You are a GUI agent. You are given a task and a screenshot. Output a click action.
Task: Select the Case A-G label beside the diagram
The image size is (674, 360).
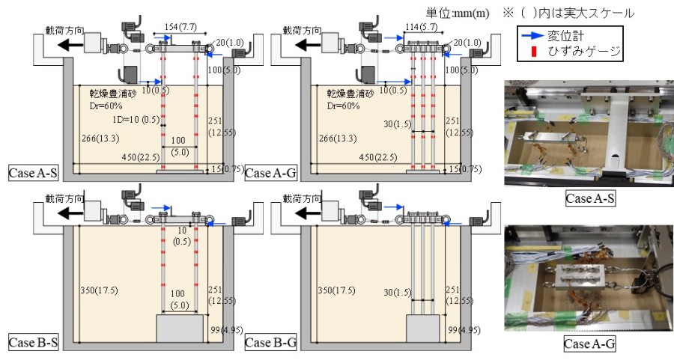coord(270,172)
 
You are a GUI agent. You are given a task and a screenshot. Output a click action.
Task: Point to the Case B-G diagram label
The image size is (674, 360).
coord(270,342)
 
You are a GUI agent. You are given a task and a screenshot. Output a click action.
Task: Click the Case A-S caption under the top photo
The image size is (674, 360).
coord(589,199)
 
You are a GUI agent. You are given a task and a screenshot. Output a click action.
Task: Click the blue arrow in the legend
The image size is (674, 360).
coord(534,36)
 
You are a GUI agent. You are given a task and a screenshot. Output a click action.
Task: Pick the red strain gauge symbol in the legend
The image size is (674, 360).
coord(533,51)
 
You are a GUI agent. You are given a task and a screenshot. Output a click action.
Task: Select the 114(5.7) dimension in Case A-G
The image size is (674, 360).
coord(424,28)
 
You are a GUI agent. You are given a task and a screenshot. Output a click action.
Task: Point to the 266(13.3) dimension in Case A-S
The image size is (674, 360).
coord(99,139)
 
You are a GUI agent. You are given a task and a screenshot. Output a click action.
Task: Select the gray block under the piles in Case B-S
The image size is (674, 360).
coord(179,328)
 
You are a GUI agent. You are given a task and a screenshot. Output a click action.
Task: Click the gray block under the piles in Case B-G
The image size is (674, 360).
coord(422,327)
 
